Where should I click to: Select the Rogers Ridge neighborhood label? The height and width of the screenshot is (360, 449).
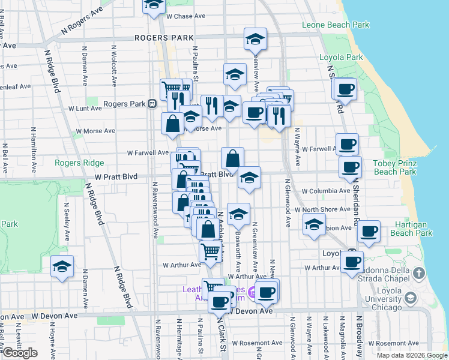(79, 163)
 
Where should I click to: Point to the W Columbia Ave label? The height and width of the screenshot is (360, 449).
(326, 191)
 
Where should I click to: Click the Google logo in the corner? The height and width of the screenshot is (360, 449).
(20, 353)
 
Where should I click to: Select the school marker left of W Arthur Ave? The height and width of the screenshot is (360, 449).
(62, 266)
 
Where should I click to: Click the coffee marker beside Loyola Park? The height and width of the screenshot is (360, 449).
(345, 89)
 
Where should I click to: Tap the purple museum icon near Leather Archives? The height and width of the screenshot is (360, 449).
(252, 293)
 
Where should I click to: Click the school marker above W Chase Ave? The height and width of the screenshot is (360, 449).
(154, 5)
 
